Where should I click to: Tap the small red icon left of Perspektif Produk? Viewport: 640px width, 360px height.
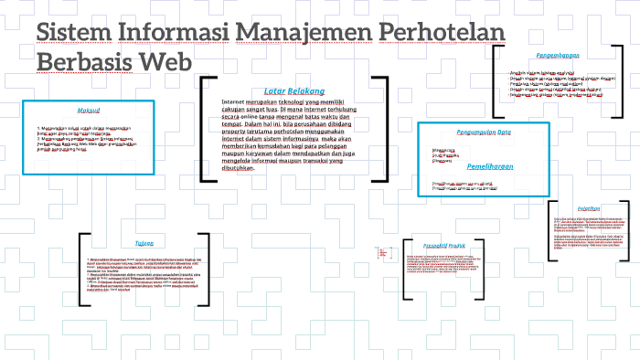[380, 251]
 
